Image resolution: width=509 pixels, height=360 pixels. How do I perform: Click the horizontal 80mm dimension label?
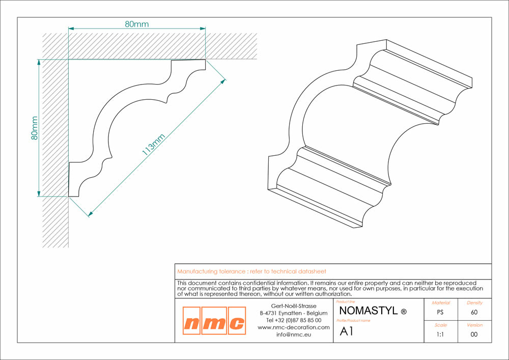tap(136, 24)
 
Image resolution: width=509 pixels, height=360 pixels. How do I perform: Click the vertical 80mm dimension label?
tap(35, 128)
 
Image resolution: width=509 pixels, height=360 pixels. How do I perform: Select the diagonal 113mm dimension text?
tap(154, 145)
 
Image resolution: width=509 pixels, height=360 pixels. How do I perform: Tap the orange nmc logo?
tap(214, 321)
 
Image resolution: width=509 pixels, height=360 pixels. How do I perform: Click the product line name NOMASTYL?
tap(369, 311)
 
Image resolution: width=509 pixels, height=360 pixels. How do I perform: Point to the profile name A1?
tap(346, 331)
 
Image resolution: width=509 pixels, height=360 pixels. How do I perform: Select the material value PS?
tap(440, 312)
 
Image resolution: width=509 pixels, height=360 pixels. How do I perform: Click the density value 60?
tap(474, 312)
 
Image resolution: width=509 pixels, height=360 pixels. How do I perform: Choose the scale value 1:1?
tap(440, 335)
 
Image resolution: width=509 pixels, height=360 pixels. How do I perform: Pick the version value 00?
tap(474, 335)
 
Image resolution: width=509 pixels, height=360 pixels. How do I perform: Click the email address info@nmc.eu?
tap(294, 335)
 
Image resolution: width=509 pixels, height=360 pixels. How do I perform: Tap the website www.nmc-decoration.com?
tap(294, 327)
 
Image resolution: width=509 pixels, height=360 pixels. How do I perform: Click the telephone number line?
tap(294, 320)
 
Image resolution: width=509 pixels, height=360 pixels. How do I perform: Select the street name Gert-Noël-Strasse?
tap(294, 306)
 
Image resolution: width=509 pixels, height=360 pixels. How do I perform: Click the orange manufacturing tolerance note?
tap(251, 271)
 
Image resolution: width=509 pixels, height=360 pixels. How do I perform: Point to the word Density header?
tap(474, 303)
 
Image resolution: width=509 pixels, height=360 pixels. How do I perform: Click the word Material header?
tap(441, 303)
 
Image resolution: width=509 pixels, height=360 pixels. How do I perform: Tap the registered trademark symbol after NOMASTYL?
tap(404, 312)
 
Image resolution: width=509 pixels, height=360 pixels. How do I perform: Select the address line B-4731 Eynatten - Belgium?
tap(294, 313)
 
